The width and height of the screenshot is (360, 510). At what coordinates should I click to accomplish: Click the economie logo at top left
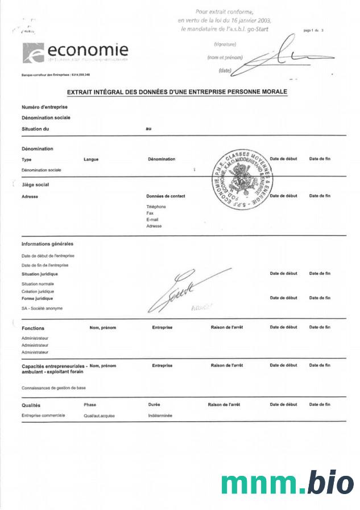[75, 52]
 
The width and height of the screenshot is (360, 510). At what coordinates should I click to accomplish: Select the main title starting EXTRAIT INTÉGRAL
[177, 91]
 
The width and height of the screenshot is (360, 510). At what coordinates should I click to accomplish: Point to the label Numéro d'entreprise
[44, 107]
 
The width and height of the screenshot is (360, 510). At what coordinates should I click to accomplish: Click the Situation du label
[35, 129]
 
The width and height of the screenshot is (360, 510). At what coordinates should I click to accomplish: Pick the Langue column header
[91, 159]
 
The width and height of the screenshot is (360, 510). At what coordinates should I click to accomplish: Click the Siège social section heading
[35, 185]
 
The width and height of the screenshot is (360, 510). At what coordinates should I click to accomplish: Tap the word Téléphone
[156, 207]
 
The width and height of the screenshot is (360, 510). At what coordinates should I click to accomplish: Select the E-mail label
[152, 219]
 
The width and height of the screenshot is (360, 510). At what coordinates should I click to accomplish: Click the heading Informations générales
[47, 244]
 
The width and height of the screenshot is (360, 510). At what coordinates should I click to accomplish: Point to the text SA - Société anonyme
[42, 309]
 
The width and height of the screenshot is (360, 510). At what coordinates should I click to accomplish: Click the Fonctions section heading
[33, 328]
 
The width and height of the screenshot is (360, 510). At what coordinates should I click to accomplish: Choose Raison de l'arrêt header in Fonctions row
[227, 327]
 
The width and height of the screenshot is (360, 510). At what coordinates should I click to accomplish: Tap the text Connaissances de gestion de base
[53, 388]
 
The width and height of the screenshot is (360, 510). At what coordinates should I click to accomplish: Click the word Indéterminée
[160, 416]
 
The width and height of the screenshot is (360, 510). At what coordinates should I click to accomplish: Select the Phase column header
[90, 405]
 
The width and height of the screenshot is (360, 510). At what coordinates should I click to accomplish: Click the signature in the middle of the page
[182, 291]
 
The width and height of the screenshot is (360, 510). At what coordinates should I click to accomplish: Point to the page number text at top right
[313, 29]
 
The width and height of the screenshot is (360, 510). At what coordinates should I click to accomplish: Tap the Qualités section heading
[31, 405]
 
